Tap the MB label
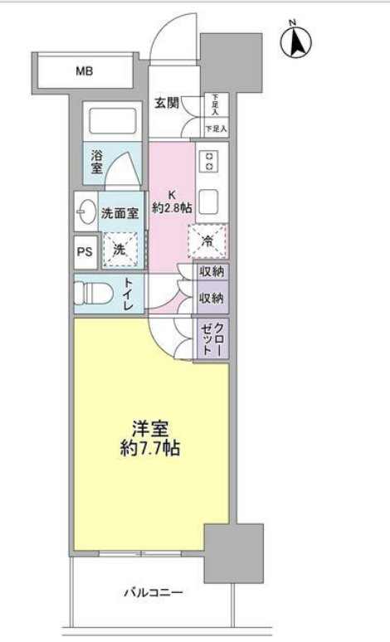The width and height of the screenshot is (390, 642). tap(85, 71)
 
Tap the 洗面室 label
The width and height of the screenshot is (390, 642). tap(119, 212)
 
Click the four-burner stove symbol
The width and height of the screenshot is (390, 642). tap(210, 163)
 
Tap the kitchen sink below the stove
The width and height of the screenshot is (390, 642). tap(210, 200)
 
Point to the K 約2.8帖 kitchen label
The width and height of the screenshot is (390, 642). tap(173, 202)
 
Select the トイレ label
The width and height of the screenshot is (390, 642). tap(131, 294)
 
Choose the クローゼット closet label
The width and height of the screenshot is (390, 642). tap(211, 338)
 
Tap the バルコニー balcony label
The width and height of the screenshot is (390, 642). tap(154, 593)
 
